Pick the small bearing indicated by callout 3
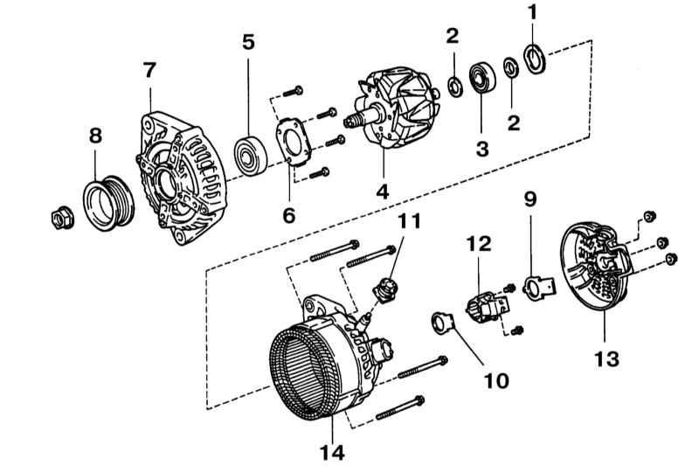pos(481,78)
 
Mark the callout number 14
pos(332,452)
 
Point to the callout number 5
pos(249,42)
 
